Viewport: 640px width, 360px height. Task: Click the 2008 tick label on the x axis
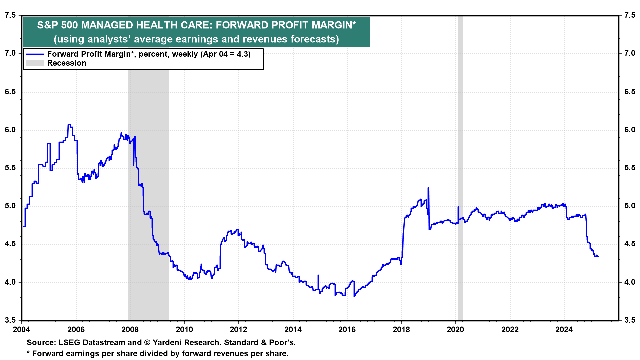coord(130,330)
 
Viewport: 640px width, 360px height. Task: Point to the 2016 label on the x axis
coord(347,330)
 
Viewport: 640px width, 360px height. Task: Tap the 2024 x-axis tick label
coord(564,330)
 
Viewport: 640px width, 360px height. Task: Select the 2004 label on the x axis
coord(21,330)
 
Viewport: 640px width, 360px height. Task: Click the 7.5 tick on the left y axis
coord(10,15)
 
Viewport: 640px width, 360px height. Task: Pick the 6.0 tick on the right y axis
coord(630,130)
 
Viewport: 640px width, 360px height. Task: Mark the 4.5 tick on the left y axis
coord(10,244)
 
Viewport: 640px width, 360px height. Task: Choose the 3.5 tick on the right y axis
coord(630,320)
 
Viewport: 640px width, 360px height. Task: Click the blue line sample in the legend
coord(35,54)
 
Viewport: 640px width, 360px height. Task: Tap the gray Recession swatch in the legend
coord(35,63)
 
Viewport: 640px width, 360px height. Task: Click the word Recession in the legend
coord(67,63)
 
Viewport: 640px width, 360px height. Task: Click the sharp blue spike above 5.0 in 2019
coord(428,188)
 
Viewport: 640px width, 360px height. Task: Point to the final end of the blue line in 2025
coord(598,257)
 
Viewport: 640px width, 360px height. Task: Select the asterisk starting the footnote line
coord(28,353)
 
